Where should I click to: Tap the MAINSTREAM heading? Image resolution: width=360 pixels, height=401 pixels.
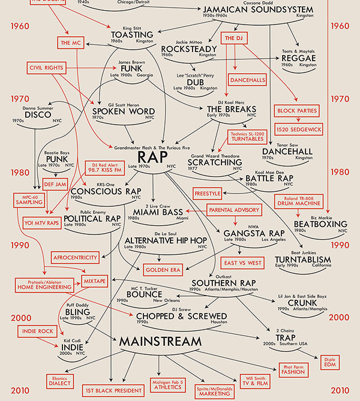coord(160,342)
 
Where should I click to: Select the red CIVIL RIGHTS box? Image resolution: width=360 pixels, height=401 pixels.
coord(46,68)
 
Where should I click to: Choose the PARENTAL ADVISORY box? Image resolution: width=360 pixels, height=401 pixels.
coord(235,210)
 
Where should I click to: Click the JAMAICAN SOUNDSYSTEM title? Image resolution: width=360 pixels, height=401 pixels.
coord(258,10)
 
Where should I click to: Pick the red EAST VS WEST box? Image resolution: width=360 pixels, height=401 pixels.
coord(242,263)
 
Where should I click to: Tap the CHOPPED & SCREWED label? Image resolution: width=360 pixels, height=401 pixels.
coord(181,316)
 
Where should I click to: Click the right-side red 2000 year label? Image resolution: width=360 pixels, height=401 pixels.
coord(340,317)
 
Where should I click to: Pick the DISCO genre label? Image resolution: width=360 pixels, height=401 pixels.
coord(37,114)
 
